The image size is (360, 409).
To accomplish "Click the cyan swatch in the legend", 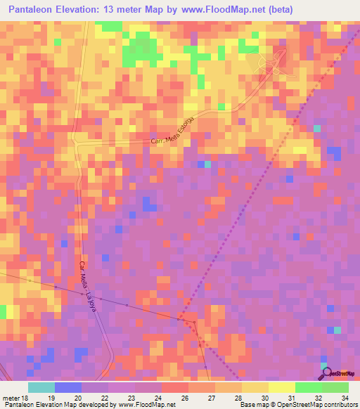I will [x=41, y=387].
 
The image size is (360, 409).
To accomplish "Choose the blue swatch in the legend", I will [x=67, y=387].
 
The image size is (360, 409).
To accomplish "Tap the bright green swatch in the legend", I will [x=308, y=387].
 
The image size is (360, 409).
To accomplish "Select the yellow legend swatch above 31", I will [x=281, y=387].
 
